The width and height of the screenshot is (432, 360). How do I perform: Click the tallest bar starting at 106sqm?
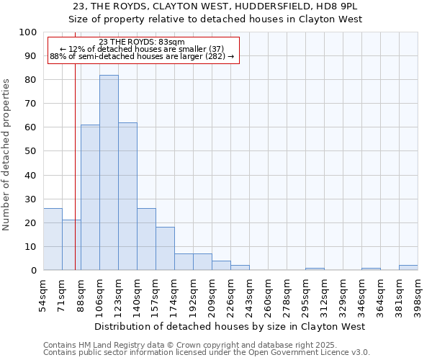pos(109,173)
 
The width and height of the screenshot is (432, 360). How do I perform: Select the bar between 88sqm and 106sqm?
pos(90,197)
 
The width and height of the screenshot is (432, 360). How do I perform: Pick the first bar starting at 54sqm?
pos(53,239)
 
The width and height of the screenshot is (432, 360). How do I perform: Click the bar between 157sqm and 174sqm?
pos(165,248)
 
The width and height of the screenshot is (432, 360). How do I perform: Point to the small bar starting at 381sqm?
pos(408,268)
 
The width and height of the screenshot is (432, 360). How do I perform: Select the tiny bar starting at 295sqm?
pos(315,269)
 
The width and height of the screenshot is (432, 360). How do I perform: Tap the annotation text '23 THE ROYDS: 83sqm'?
pos(142,42)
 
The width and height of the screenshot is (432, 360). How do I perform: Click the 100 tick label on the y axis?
pos(28,32)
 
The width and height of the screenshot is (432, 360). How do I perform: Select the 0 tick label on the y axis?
pos(33,271)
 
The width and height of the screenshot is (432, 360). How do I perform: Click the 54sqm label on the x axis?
pos(43,294)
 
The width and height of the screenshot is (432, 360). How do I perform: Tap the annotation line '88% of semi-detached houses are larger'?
pos(142,56)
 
